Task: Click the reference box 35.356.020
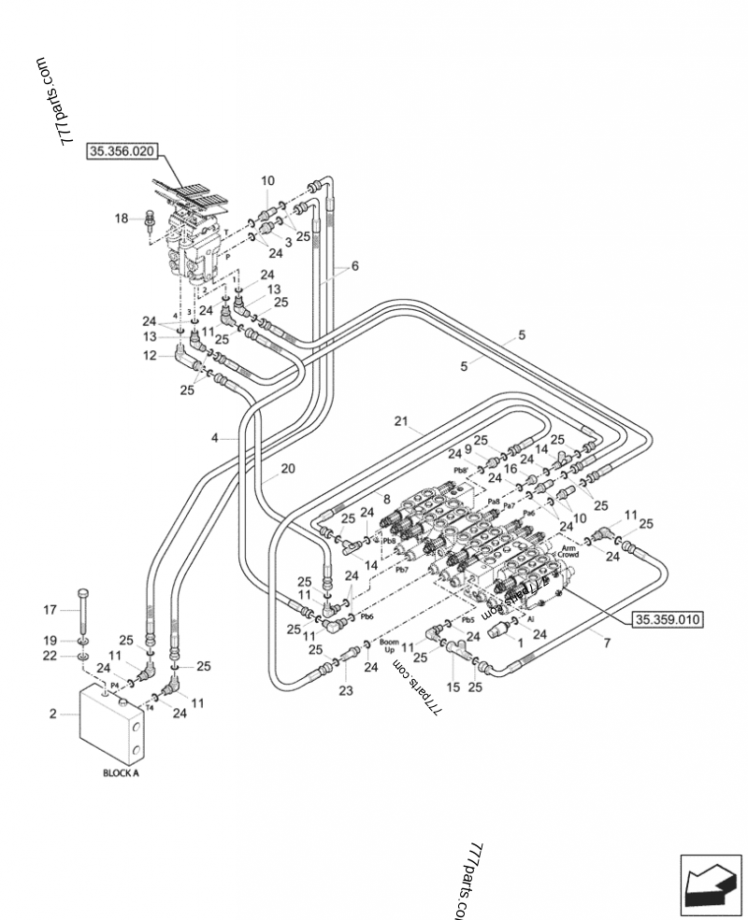123,150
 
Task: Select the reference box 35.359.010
669,618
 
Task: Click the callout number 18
122,219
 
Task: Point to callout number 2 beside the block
53,715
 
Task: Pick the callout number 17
51,610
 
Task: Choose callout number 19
51,640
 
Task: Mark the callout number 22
51,656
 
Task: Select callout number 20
287,469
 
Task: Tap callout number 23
346,691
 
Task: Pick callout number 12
150,355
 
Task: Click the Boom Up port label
390,646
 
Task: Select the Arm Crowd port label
568,551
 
